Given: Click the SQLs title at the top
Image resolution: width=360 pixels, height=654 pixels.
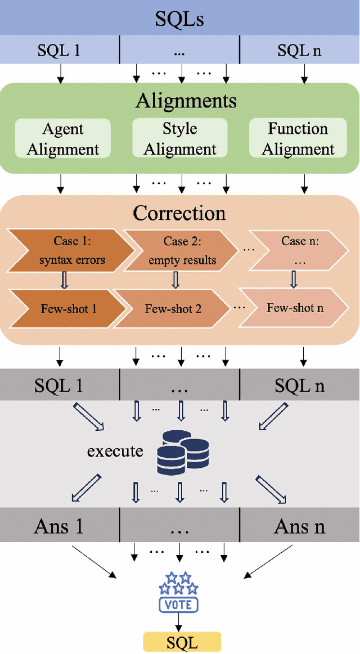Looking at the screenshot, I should tap(179, 19).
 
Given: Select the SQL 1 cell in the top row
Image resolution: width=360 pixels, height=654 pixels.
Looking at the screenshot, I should tap(59, 51).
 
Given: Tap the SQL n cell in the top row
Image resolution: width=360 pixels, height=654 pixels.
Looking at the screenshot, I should tap(300, 51).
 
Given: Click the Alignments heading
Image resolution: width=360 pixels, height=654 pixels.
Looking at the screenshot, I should tap(186, 101).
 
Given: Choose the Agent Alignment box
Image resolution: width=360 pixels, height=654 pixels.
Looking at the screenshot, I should tap(63, 138).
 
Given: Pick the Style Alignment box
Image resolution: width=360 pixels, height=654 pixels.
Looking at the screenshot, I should tap(180, 138).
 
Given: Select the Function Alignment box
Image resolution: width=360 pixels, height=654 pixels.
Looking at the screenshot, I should tap(298, 138).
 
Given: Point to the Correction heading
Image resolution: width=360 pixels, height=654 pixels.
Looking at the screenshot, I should tap(179, 213).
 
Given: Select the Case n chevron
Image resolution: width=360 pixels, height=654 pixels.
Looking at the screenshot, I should tap(295, 250).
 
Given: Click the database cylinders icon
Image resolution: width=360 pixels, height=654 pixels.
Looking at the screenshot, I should tap(180, 452).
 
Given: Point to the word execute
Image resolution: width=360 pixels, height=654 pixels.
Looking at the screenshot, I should tap(115, 451).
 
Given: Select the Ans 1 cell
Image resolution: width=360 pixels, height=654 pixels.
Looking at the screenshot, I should tap(59, 526).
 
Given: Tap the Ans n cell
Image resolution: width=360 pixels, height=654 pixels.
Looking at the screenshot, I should tap(300, 526).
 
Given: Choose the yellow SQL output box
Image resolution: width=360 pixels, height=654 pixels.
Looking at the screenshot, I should tap(182, 642).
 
